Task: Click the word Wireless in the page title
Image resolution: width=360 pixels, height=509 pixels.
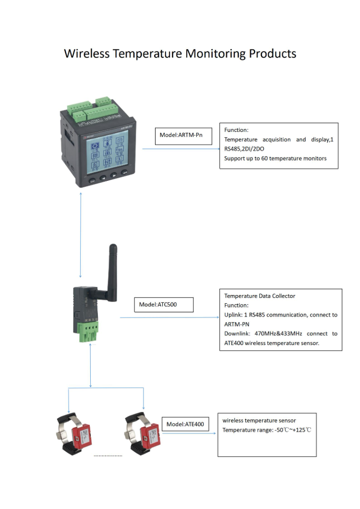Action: click(86, 53)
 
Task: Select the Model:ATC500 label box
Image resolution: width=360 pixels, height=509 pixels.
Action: click(164, 305)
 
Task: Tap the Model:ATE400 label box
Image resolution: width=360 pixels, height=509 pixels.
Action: click(185, 424)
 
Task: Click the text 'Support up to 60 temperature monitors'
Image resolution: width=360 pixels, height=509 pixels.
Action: click(275, 158)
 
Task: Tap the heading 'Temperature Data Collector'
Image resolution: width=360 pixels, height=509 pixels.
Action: click(260, 296)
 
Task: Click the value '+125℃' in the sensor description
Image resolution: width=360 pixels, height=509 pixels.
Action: click(301, 430)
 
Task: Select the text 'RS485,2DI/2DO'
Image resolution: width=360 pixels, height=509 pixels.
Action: click(244, 149)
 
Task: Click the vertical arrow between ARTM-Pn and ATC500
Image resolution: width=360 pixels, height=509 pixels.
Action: click(81, 235)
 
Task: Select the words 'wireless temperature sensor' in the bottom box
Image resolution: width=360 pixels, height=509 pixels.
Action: click(259, 421)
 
